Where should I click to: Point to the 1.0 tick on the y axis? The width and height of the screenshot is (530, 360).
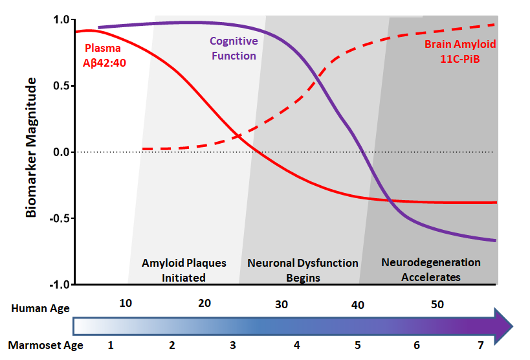[x=60, y=19]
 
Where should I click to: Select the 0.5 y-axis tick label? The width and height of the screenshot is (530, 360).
[x=60, y=85]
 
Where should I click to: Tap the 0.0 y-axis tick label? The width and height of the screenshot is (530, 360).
[x=60, y=152]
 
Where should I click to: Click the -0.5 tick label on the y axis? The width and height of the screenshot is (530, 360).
[x=59, y=218]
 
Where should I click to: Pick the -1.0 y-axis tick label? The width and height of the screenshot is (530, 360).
[x=59, y=284]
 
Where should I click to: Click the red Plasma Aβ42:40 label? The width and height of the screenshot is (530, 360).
[x=105, y=54]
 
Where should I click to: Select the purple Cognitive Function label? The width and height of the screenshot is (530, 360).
[x=233, y=49]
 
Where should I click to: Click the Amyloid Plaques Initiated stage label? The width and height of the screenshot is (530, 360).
[x=184, y=270]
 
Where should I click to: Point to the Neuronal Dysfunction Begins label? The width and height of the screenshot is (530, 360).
[x=302, y=270]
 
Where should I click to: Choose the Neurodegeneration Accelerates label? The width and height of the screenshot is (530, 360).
[x=431, y=269]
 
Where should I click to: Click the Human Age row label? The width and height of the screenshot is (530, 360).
[x=40, y=308]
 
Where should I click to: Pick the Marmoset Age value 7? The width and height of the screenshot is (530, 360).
[x=480, y=344]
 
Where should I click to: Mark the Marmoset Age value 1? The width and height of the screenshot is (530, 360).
[x=111, y=344]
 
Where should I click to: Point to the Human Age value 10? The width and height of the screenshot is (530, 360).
[x=126, y=304]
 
